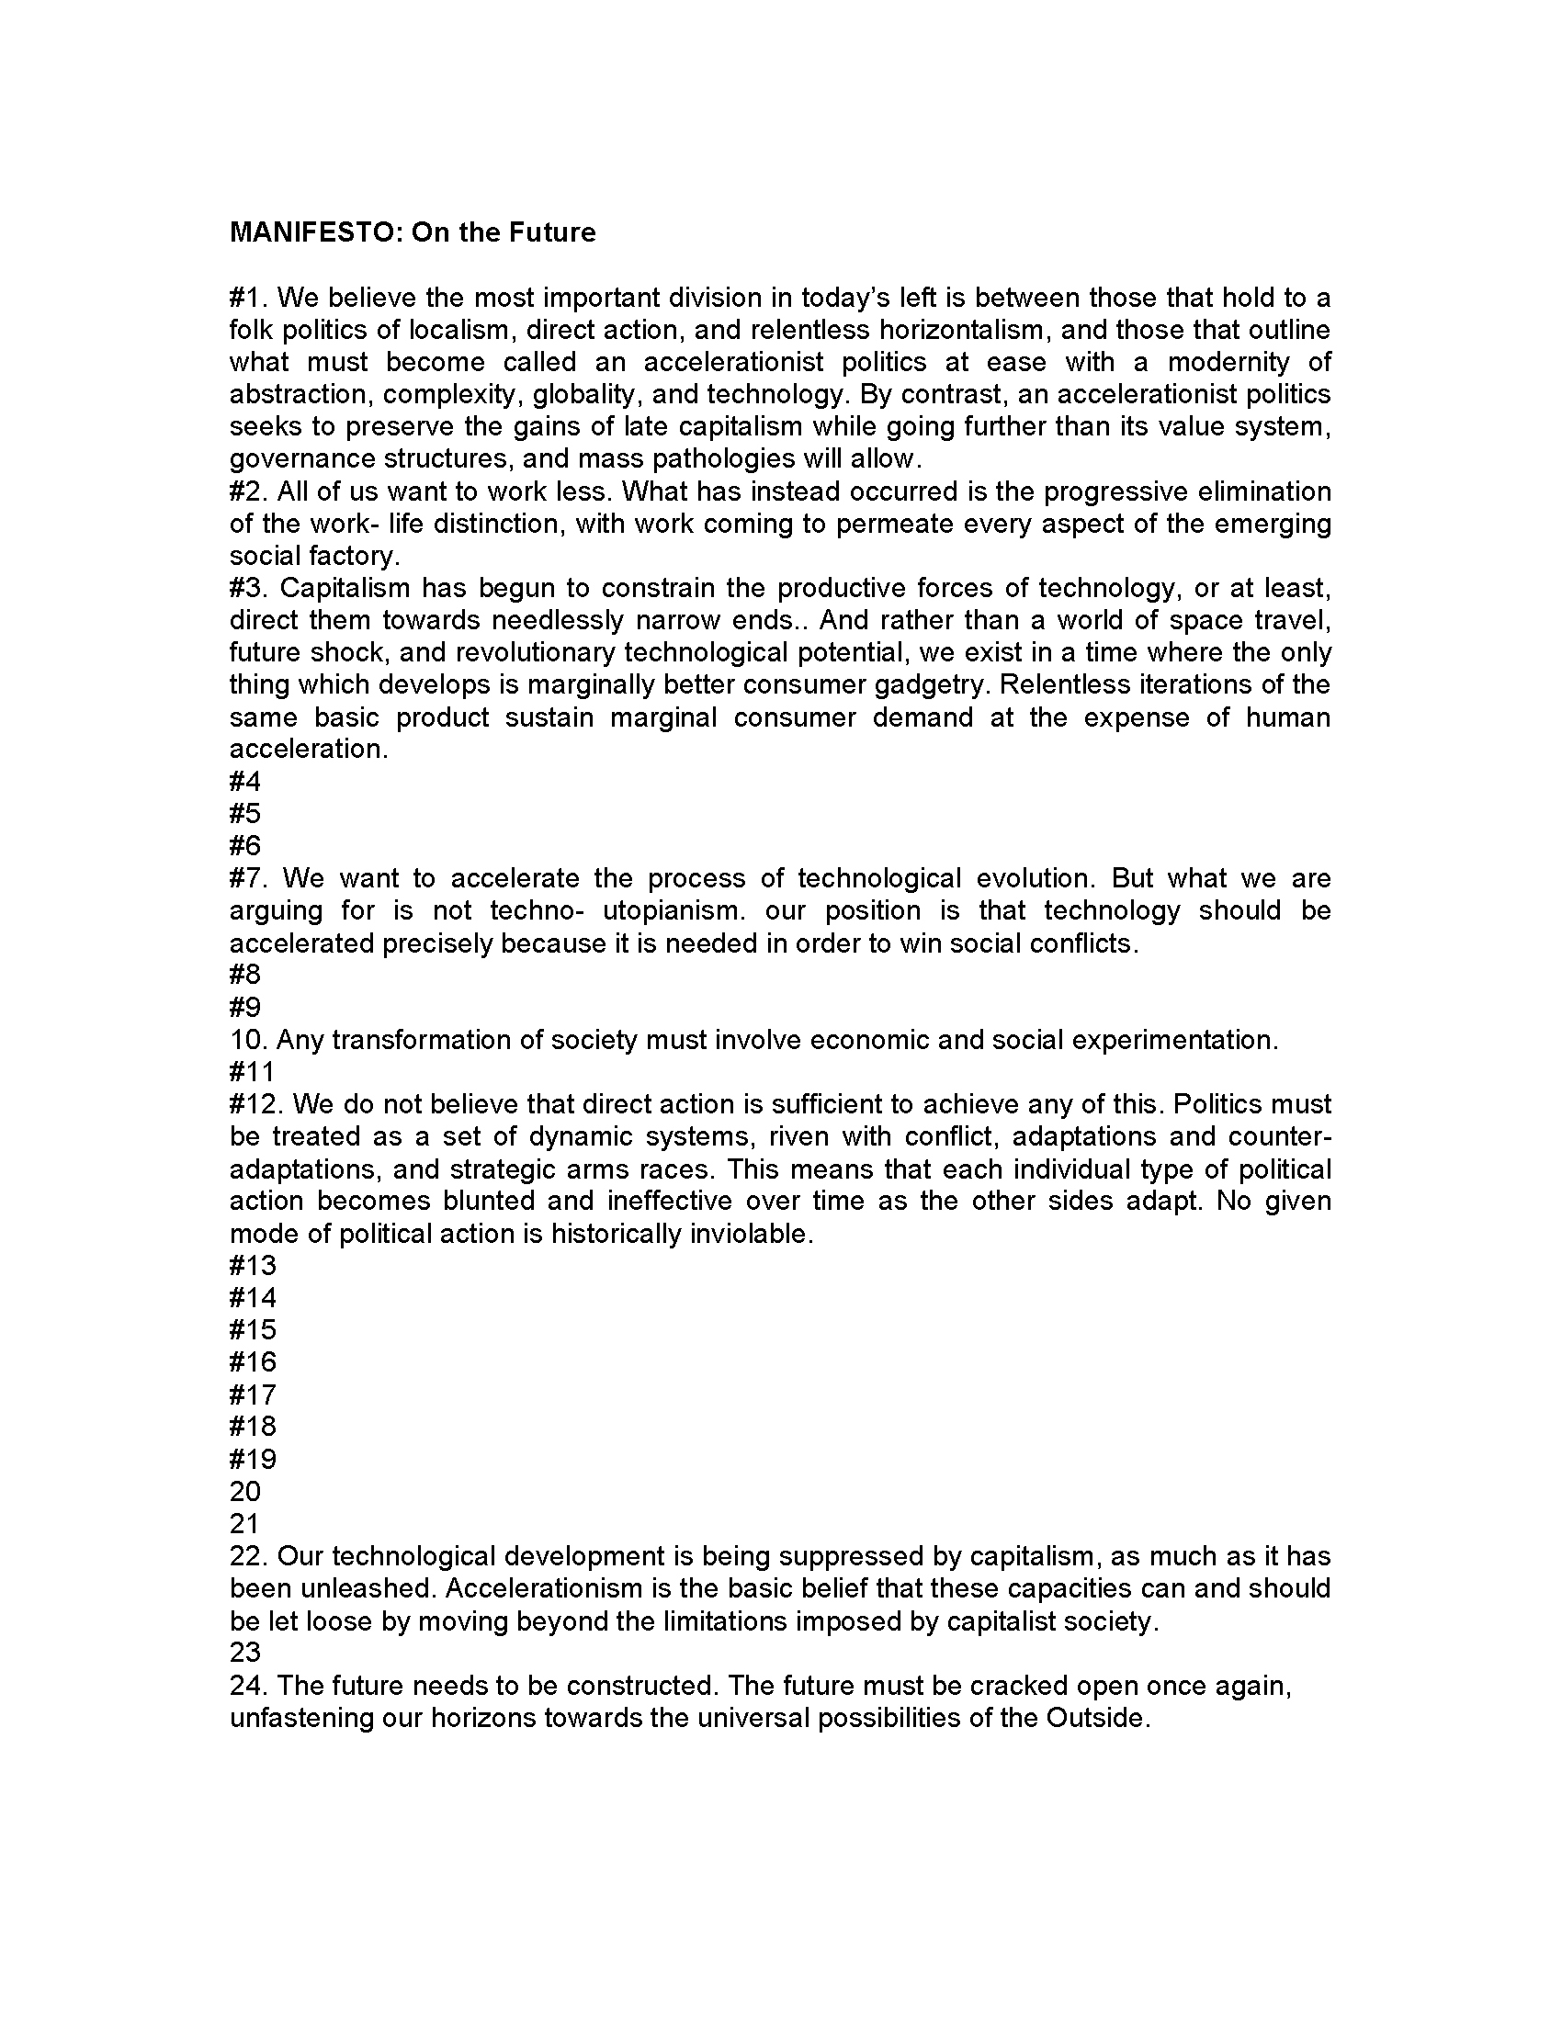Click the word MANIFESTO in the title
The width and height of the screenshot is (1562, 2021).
tap(313, 232)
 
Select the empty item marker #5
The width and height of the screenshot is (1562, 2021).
tap(245, 813)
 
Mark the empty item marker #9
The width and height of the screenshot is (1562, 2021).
tap(245, 1007)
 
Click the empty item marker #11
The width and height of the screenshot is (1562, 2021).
tap(252, 1071)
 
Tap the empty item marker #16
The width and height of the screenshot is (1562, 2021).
tap(253, 1362)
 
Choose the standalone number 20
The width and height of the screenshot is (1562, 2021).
tap(245, 1491)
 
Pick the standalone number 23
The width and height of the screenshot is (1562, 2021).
tap(245, 1652)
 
